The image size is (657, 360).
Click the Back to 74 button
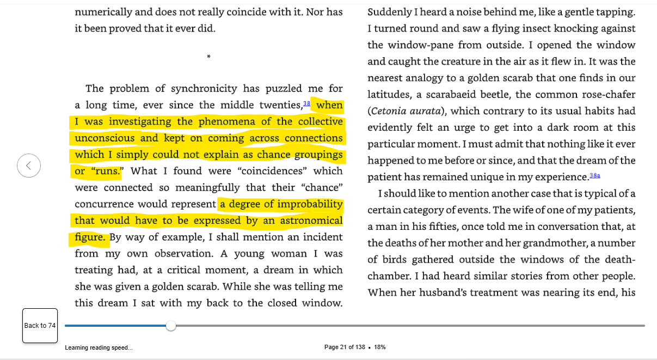pos(40,326)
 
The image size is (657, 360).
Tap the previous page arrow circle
pos(29,166)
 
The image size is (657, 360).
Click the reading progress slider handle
pos(171,326)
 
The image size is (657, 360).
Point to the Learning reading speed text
pos(99,347)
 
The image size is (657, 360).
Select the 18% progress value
pos(380,347)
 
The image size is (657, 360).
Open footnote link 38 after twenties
pos(306,103)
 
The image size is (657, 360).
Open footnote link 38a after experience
pos(594,175)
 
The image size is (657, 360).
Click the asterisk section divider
pos(208,57)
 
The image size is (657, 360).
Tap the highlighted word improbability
pos(310,204)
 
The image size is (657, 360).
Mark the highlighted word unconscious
pos(105,138)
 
